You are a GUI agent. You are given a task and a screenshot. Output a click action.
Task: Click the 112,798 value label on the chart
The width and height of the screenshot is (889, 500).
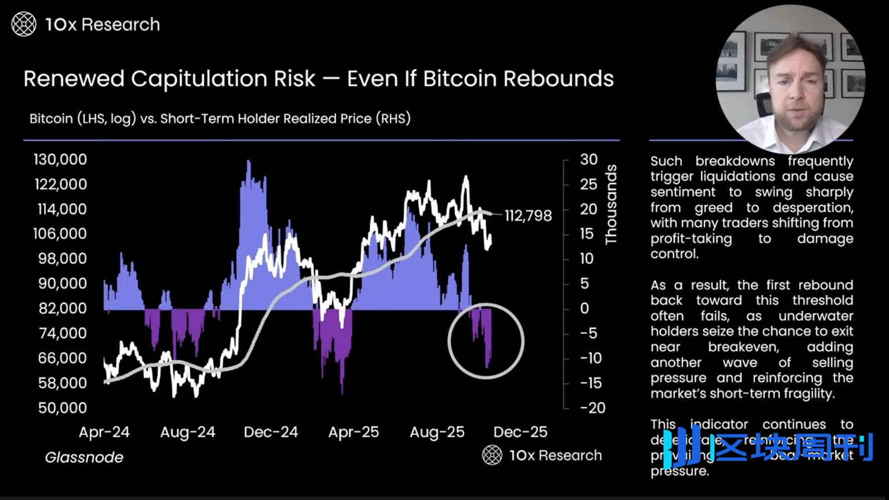click(528, 216)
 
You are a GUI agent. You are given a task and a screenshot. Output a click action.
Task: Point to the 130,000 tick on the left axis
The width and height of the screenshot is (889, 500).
click(60, 160)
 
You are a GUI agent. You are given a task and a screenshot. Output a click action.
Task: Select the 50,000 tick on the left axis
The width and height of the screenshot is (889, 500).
click(62, 408)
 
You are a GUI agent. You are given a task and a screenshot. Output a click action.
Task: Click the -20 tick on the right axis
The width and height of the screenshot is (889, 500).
click(592, 408)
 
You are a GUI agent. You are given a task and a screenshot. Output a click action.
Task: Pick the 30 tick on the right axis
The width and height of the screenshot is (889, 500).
click(588, 160)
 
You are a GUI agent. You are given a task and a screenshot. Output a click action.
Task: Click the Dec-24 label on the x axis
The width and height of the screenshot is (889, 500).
click(271, 432)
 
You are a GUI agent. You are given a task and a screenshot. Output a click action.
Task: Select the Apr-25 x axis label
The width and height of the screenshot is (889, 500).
click(354, 432)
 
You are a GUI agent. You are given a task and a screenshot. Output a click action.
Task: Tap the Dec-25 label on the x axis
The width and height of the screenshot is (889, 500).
click(520, 432)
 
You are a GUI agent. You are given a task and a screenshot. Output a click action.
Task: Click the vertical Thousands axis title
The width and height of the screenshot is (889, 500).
click(611, 204)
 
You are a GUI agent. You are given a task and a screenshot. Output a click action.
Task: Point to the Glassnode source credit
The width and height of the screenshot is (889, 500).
click(84, 457)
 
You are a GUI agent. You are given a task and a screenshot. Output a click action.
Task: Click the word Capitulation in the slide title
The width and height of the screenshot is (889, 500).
click(223, 79)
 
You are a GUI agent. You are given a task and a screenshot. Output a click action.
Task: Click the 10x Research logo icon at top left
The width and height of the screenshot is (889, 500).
click(24, 24)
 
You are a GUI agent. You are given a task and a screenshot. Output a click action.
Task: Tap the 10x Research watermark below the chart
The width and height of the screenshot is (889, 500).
click(542, 455)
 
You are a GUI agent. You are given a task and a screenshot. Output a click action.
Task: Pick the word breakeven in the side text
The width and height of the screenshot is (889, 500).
click(744, 347)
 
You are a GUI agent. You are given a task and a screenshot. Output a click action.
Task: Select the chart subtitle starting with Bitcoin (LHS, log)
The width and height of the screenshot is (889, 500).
click(220, 118)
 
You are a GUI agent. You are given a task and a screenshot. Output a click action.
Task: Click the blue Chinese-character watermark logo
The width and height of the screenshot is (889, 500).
click(773, 446)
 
